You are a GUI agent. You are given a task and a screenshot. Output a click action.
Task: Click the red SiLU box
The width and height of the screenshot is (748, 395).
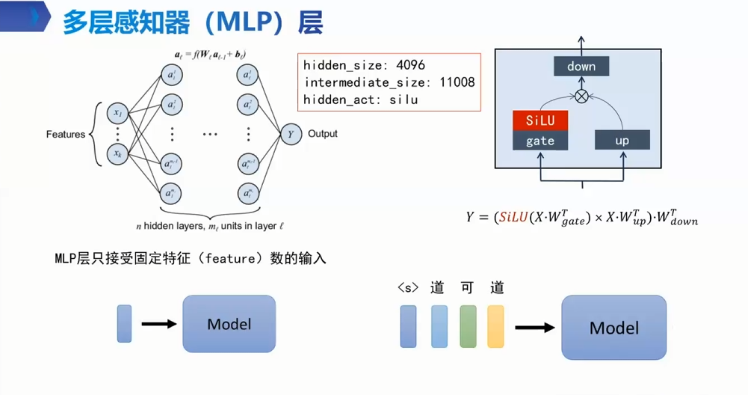coord(540,120)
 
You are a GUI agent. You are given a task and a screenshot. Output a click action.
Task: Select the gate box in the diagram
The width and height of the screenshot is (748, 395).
coord(540,140)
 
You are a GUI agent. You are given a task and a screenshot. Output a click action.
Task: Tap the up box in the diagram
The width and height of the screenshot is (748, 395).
coord(622,140)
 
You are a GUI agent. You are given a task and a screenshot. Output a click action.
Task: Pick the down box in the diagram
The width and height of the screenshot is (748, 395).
coord(581,67)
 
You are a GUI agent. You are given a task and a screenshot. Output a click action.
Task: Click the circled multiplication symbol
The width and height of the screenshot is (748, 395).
coord(581,97)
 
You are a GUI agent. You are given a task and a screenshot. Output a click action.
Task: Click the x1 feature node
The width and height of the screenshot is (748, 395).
coord(118,113)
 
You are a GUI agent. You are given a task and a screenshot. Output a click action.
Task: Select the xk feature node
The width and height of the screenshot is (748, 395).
coord(118,154)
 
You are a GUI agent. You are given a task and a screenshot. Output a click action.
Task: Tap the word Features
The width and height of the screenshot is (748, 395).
coord(66,135)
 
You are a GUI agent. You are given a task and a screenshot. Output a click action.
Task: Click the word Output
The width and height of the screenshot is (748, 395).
coord(323,134)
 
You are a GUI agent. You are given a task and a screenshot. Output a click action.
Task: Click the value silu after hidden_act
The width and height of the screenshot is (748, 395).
coord(404,99)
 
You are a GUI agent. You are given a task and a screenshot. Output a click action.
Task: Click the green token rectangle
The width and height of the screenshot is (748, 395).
coord(468,326)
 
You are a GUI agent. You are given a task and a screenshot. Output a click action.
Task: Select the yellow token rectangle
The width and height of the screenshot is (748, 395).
coord(495,326)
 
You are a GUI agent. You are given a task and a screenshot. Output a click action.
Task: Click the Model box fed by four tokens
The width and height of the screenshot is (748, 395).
coord(613,328)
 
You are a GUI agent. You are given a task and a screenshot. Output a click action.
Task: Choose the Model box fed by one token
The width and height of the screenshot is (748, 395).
coord(229,324)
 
